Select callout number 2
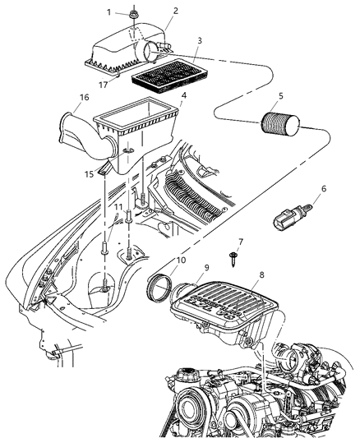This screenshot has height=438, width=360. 174,11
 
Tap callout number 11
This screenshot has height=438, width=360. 118,207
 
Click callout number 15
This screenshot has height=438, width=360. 89,174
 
